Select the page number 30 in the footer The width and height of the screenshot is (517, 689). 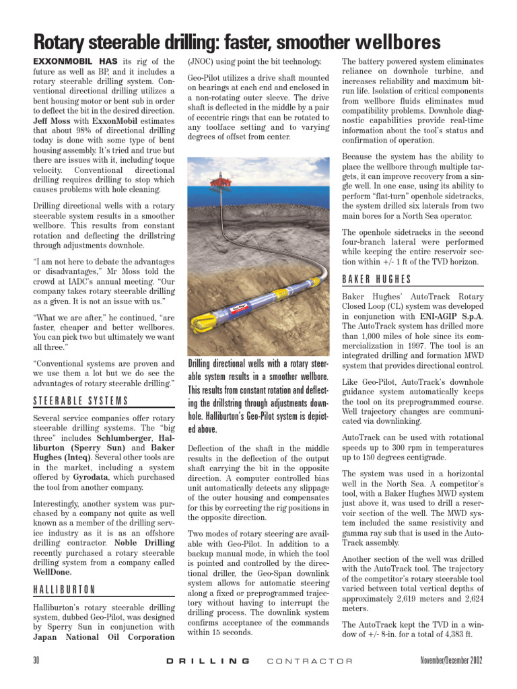click(x=37, y=660)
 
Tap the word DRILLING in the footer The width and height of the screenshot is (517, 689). click(x=207, y=661)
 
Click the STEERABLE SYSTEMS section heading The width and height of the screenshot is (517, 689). click(x=80, y=402)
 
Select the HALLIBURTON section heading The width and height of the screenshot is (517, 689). click(x=64, y=590)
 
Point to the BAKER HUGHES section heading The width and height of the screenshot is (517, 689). click(x=376, y=279)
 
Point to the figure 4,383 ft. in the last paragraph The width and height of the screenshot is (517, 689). click(x=457, y=634)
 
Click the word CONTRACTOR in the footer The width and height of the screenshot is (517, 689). click(x=309, y=661)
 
